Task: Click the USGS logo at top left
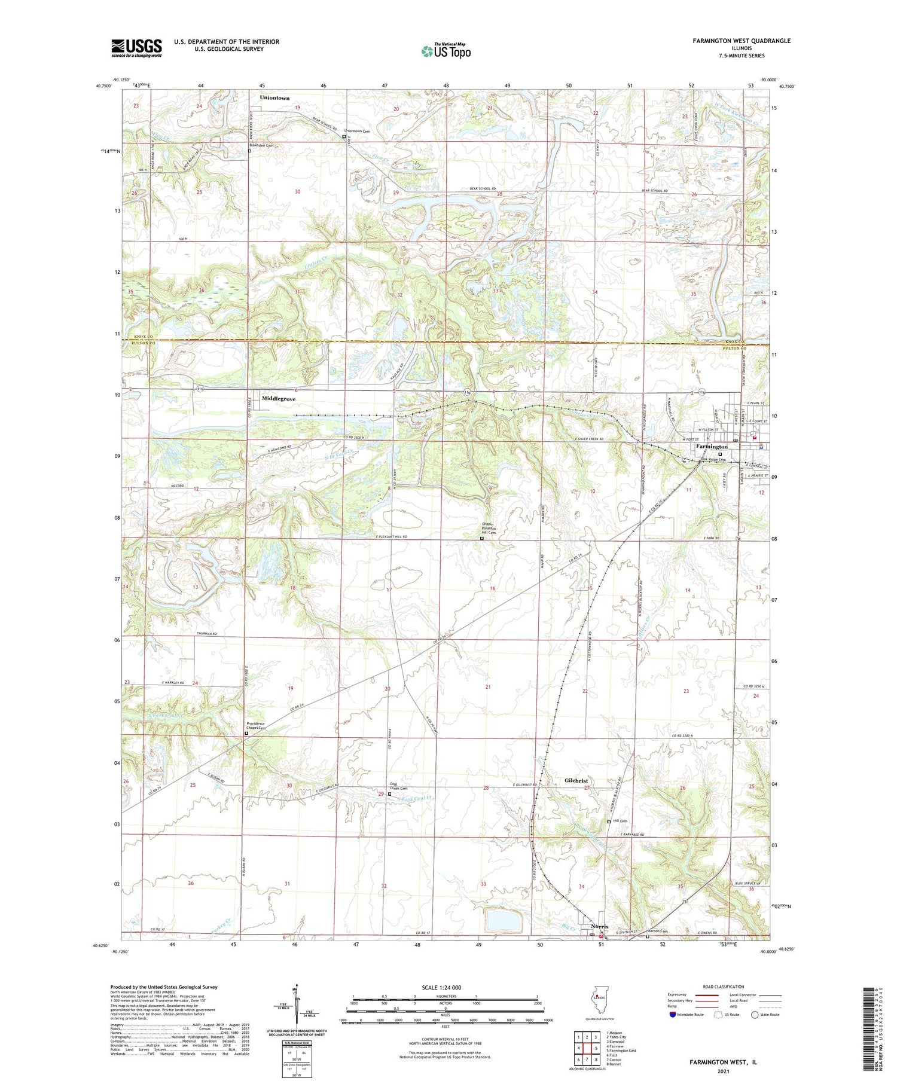pyautogui.click(x=136, y=48)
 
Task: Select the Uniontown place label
pyautogui.click(x=274, y=97)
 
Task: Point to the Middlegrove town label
pyautogui.click(x=278, y=398)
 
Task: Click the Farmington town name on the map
pyautogui.click(x=711, y=447)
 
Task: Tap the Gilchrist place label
pyautogui.click(x=576, y=781)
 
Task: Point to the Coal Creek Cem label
pyautogui.click(x=398, y=787)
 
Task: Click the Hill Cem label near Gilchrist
pyautogui.click(x=620, y=821)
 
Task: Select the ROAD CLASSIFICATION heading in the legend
pyautogui.click(x=724, y=987)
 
